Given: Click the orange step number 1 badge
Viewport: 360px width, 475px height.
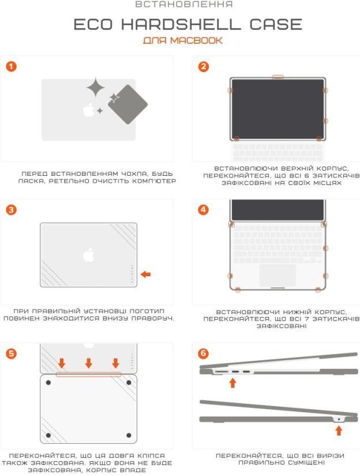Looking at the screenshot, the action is pos(11,67).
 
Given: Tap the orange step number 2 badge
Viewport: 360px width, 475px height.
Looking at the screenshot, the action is pos(204,67).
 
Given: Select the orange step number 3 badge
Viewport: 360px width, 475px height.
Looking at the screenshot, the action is pos(11,210).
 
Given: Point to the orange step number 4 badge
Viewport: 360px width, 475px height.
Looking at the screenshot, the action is pos(204,210).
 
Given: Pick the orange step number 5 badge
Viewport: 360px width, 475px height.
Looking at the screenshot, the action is pos(11,353).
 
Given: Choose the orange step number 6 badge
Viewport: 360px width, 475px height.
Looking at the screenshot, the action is pos(204,353).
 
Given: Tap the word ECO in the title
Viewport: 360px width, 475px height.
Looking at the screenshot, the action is pos(93,24).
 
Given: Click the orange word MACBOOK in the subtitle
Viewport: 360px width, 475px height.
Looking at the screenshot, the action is pos(196,40).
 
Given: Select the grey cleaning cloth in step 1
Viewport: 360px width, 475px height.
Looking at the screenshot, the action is pos(127,104).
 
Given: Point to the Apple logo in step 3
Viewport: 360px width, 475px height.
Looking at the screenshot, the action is pos(89,255).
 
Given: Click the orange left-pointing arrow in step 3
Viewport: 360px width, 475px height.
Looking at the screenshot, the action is pos(146,274).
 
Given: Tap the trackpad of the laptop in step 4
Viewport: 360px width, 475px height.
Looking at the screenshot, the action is pos(277,275).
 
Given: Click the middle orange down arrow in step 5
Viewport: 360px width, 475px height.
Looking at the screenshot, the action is pos(89,363).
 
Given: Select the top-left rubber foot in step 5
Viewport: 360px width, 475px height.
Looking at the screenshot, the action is pos(48,383).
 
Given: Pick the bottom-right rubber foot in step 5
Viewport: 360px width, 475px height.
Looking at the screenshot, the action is pos(129,435).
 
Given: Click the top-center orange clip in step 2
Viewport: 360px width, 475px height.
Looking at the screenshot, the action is pos(278,77).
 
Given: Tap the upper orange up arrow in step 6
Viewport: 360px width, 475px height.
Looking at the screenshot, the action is pos(232,382).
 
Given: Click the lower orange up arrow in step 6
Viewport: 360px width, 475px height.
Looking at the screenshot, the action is pos(339,431).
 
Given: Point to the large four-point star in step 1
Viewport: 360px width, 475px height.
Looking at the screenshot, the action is pos(96,87).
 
